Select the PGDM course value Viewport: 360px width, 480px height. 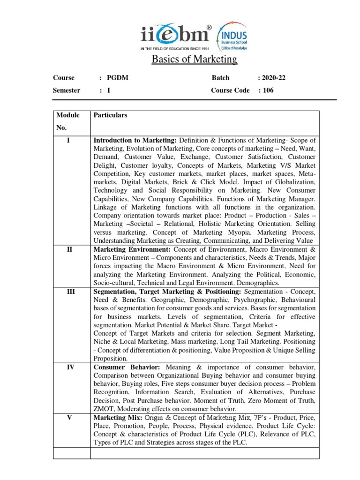118,78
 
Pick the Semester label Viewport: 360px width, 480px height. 67,90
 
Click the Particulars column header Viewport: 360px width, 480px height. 111,115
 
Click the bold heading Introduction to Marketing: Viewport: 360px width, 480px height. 135,141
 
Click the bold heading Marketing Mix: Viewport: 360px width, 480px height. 116,418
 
